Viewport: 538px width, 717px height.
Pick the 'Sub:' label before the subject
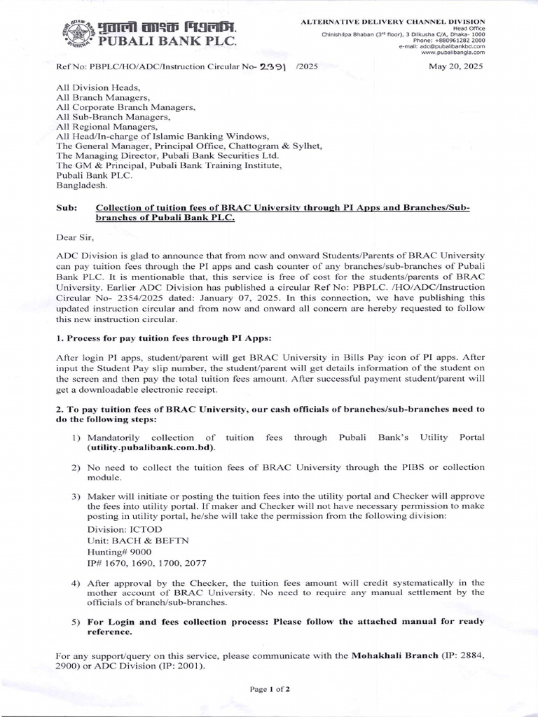[x=66, y=209]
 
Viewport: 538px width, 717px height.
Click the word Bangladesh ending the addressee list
[x=82, y=187]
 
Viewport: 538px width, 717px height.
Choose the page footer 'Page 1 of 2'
[x=269, y=690]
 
